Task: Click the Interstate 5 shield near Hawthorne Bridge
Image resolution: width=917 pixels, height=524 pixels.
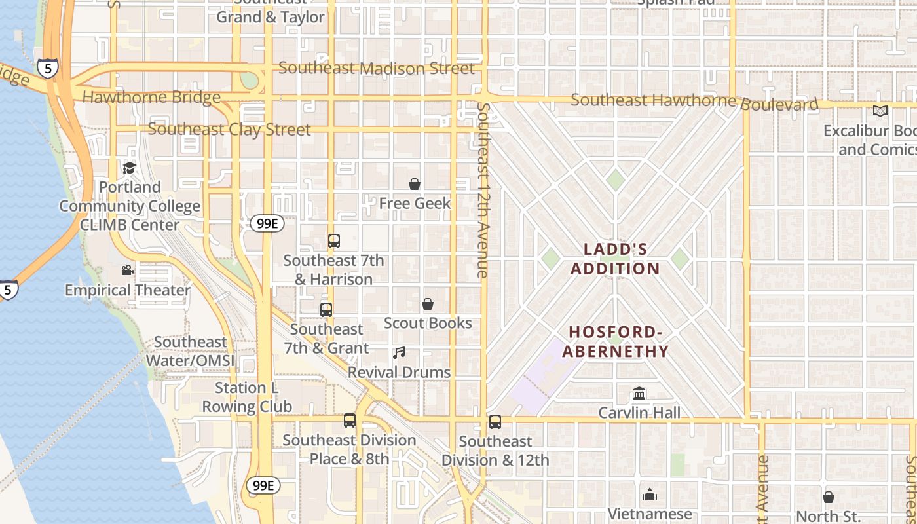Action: tap(47, 68)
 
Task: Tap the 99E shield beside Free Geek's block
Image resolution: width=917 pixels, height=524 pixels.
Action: tap(267, 223)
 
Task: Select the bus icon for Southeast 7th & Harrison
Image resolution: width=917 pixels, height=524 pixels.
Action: tap(334, 241)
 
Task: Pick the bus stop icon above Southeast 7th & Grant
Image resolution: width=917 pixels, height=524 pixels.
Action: tap(326, 310)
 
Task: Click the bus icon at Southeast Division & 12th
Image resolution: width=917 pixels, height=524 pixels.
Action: tap(495, 422)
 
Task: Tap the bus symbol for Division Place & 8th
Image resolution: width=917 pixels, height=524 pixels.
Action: tap(350, 421)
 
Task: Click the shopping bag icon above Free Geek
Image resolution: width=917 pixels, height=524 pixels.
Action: tap(415, 184)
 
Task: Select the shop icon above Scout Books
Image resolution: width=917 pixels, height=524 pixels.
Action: tap(428, 304)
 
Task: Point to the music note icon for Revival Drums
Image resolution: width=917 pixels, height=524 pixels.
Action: tap(399, 353)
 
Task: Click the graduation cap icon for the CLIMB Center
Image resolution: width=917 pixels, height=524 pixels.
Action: tap(129, 168)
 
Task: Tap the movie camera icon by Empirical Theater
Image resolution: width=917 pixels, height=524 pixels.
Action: tap(127, 271)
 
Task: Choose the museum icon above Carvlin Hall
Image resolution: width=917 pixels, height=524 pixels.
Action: tap(639, 394)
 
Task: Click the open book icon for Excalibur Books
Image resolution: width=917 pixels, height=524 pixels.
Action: tap(880, 111)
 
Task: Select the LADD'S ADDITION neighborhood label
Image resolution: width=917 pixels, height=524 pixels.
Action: tap(615, 259)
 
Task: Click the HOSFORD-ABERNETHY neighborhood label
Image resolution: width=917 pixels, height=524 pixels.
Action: tap(616, 342)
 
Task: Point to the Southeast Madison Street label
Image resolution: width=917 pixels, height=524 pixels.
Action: tap(377, 68)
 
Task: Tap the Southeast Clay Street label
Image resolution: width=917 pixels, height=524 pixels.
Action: tap(229, 129)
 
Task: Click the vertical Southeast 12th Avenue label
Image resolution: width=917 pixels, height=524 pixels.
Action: tap(483, 190)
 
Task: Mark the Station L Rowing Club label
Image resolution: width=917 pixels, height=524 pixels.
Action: tap(246, 397)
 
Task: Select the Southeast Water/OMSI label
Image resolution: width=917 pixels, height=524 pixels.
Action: tap(190, 352)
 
